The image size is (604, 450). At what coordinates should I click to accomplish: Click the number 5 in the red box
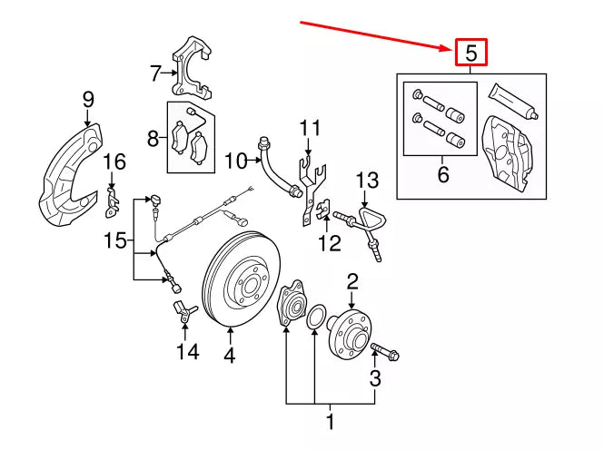click(x=470, y=54)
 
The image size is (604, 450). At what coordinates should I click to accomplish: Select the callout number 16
click(x=114, y=162)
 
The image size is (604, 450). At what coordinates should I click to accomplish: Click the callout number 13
click(x=365, y=179)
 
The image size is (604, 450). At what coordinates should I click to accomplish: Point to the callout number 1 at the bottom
click(x=331, y=421)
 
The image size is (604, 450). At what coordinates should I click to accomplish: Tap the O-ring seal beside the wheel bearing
click(x=315, y=318)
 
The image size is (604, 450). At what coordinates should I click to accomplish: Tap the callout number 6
click(x=442, y=173)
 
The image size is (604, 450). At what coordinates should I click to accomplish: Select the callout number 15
click(x=114, y=240)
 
